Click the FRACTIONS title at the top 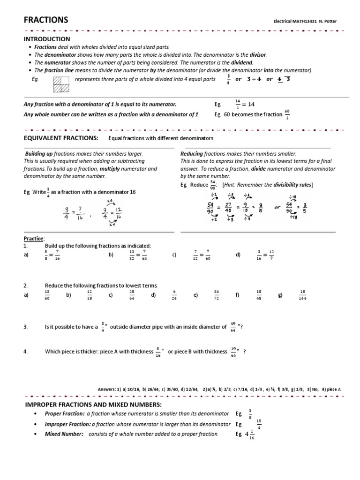46,20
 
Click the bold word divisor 258,54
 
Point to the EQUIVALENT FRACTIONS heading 61,138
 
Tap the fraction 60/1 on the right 288,114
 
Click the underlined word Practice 33,239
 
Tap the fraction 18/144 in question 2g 302,295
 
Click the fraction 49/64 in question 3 233,327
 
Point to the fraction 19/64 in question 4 233,352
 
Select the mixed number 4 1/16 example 249,435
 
